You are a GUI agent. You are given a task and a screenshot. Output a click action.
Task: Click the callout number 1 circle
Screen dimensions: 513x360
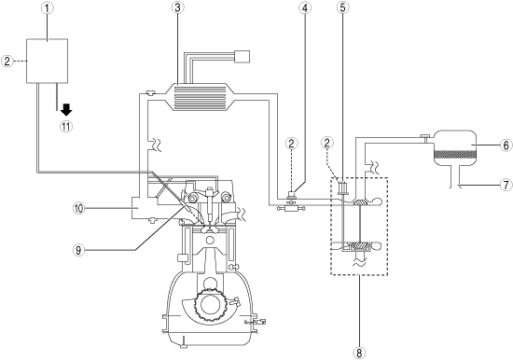(48, 8)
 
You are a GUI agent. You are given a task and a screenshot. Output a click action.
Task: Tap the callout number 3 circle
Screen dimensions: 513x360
(177, 7)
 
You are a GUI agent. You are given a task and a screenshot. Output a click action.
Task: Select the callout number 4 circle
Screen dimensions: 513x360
(305, 7)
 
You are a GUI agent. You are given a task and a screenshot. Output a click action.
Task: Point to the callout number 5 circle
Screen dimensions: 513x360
(342, 7)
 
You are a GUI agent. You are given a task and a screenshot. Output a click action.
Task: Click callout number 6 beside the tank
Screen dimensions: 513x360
(506, 145)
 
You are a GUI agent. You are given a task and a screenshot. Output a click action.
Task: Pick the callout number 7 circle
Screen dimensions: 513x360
(506, 185)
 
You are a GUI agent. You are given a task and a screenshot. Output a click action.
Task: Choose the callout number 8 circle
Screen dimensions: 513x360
(359, 353)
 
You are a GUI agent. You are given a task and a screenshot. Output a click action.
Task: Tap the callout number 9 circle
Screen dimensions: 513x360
(78, 250)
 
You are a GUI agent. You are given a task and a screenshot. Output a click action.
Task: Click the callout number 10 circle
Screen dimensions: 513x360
(79, 209)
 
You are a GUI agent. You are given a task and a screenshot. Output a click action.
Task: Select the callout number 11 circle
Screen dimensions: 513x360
(66, 127)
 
